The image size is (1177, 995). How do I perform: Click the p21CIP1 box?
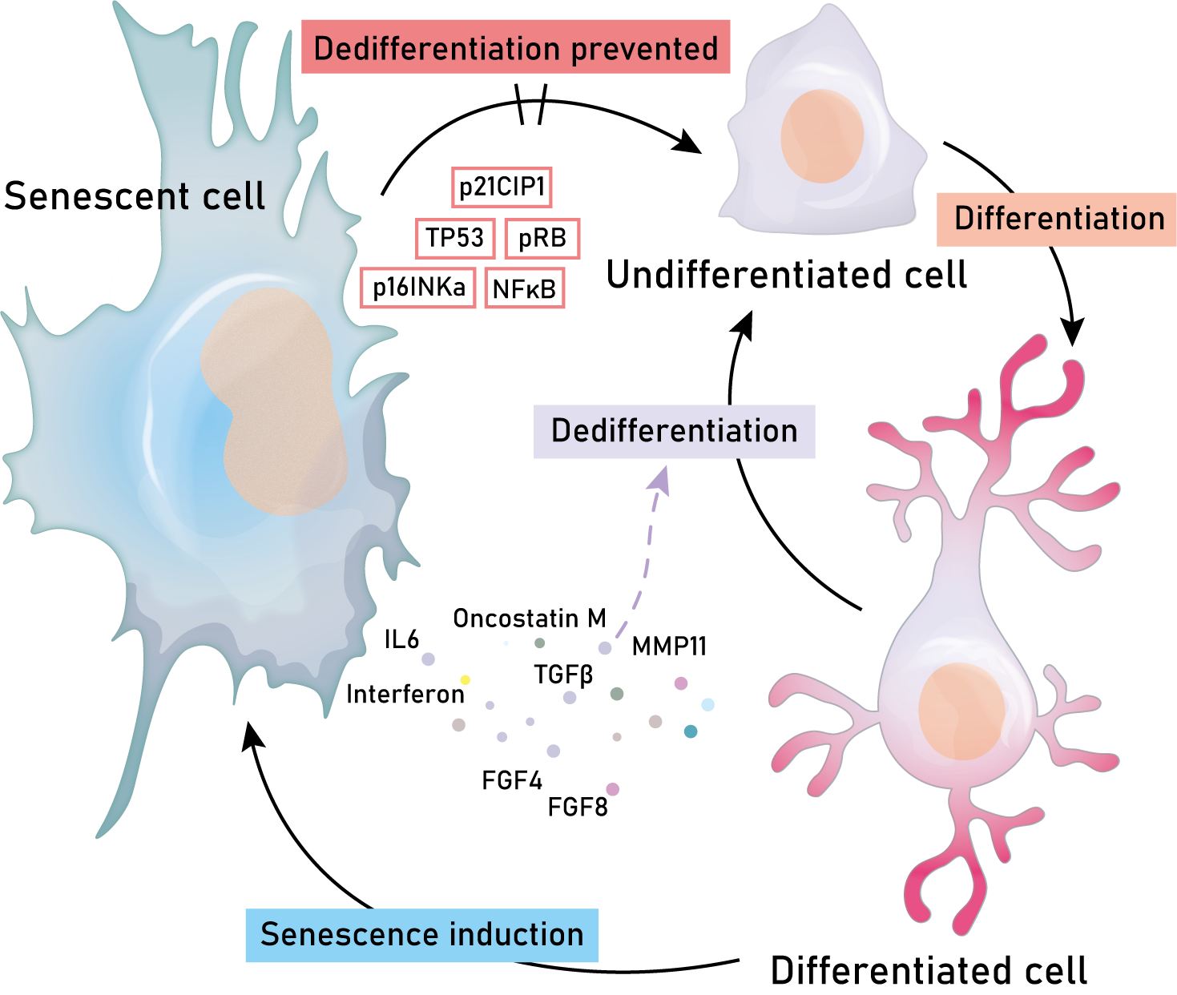pyautogui.click(x=502, y=187)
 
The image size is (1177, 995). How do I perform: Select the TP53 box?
pyautogui.click(x=454, y=238)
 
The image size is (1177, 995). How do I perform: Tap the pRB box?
pyautogui.click(x=542, y=239)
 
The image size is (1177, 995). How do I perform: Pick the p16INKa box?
pyautogui.click(x=418, y=287)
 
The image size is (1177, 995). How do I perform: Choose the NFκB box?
pyautogui.click(x=525, y=289)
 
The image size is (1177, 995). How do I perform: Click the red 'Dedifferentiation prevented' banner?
pyautogui.click(x=515, y=48)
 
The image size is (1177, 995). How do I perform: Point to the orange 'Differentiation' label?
pyautogui.click(x=1056, y=219)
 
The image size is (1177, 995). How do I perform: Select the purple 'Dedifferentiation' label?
pyautogui.click(x=674, y=431)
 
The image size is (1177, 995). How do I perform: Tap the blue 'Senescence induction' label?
pyautogui.click(x=421, y=935)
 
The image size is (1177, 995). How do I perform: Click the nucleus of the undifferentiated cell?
pyautogui.click(x=822, y=136)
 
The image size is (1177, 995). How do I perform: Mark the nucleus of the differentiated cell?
pyautogui.click(x=961, y=711)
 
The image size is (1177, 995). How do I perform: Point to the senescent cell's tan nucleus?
pyautogui.click(x=272, y=401)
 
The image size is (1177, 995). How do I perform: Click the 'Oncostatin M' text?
pyautogui.click(x=530, y=618)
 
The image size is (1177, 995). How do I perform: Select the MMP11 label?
pyautogui.click(x=670, y=647)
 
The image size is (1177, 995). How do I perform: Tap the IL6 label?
pyautogui.click(x=401, y=639)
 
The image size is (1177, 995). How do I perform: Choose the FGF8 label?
pyautogui.click(x=578, y=808)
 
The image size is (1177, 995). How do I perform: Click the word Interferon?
pyautogui.click(x=405, y=694)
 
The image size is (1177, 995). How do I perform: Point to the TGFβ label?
pyautogui.click(x=564, y=675)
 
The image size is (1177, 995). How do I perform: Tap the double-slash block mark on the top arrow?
pyautogui.click(x=530, y=104)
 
